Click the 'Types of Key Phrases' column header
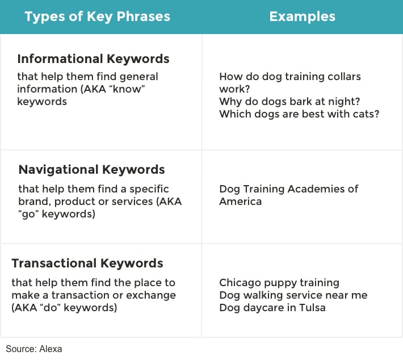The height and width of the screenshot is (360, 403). pyautogui.click(x=98, y=16)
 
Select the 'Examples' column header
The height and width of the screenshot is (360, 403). pyautogui.click(x=302, y=16)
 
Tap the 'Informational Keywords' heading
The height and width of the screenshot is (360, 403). pyautogui.click(x=93, y=59)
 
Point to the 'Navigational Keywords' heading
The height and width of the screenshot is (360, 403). pyautogui.click(x=92, y=170)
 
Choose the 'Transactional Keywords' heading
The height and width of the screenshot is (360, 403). pyautogui.click(x=87, y=263)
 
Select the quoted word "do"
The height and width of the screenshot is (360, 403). pyautogui.click(x=49, y=307)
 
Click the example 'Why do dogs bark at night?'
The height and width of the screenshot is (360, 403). pyautogui.click(x=289, y=102)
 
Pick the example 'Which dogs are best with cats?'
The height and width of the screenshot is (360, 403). pyautogui.click(x=300, y=114)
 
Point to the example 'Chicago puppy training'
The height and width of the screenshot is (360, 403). pyautogui.click(x=279, y=283)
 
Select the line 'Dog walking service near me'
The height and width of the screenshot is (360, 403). pyautogui.click(x=293, y=295)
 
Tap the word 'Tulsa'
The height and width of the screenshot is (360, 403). pyautogui.click(x=312, y=308)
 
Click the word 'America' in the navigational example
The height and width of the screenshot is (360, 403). pyautogui.click(x=240, y=202)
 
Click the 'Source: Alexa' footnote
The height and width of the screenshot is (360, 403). pyautogui.click(x=34, y=349)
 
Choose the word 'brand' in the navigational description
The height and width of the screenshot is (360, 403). pyautogui.click(x=35, y=202)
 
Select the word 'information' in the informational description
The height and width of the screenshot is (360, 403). pyautogui.click(x=47, y=89)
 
